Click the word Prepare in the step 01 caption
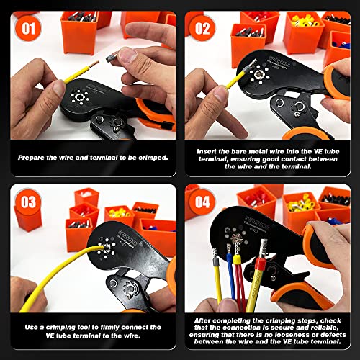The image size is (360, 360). [x=35, y=156]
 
